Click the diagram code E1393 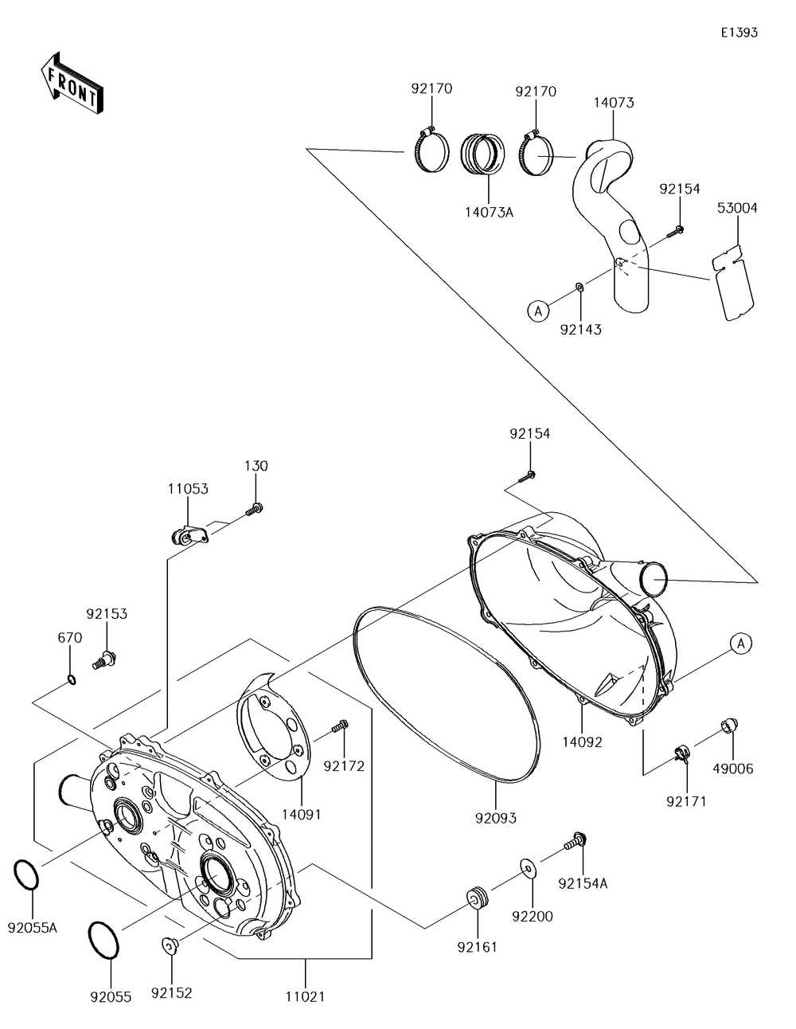[739, 33]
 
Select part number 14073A [488, 213]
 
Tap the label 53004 [738, 209]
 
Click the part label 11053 [188, 489]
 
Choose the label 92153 [107, 614]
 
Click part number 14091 [302, 815]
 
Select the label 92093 [495, 818]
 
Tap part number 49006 [733, 769]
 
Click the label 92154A [583, 883]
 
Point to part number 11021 [306, 996]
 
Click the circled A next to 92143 [538, 311]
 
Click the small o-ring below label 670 [71, 679]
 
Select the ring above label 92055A [26, 875]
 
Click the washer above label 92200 [526, 866]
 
